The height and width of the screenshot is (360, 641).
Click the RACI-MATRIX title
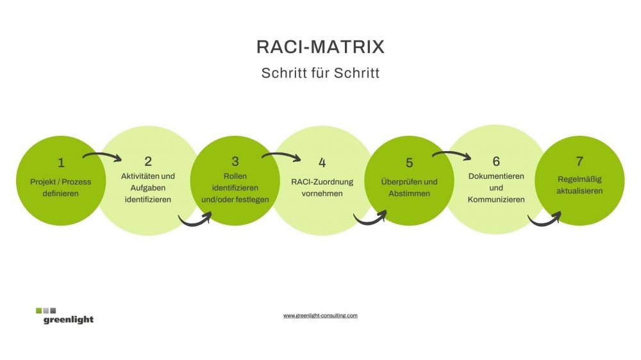pyautogui.click(x=320, y=47)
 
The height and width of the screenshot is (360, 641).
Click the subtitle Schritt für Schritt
pyautogui.click(x=320, y=73)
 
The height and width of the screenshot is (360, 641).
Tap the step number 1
pyautogui.click(x=61, y=163)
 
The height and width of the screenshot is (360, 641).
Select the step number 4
pyautogui.click(x=322, y=163)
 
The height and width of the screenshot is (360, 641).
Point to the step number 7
pyautogui.click(x=579, y=161)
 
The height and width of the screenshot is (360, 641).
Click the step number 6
pyautogui.click(x=496, y=161)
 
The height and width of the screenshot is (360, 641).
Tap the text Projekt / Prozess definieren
pyautogui.click(x=60, y=188)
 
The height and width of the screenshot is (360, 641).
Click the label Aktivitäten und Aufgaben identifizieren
pyautogui.click(x=148, y=188)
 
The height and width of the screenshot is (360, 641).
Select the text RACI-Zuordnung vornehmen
pyautogui.click(x=322, y=188)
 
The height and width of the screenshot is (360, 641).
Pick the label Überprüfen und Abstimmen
pyautogui.click(x=409, y=188)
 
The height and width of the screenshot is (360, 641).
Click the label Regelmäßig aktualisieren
pyautogui.click(x=579, y=185)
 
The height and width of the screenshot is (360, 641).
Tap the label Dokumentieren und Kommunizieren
pyautogui.click(x=496, y=188)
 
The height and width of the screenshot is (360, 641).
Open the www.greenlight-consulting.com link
pyautogui.click(x=320, y=315)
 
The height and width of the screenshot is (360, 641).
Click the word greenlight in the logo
pyautogui.click(x=69, y=320)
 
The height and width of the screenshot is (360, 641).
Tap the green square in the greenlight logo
pyautogui.click(x=39, y=311)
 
